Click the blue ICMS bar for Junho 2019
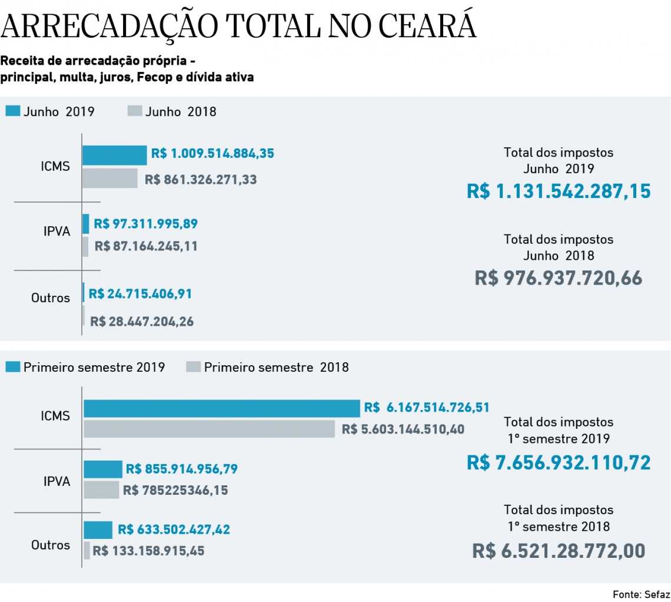[114, 155]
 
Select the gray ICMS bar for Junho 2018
[109, 178]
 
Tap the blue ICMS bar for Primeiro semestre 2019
[221, 408]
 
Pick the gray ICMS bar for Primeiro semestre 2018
[209, 429]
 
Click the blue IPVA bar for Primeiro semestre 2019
[103, 469]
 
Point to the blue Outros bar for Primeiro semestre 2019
[98, 530]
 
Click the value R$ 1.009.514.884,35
[212, 154]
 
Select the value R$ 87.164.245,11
[146, 246]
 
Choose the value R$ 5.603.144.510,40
[403, 429]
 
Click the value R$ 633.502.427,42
[174, 530]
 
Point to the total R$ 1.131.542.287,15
[559, 191]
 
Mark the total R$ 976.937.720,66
[559, 278]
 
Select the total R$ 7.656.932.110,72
[559, 462]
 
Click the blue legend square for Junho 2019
[13, 111]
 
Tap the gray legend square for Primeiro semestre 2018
[194, 368]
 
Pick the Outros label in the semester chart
[51, 545]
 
